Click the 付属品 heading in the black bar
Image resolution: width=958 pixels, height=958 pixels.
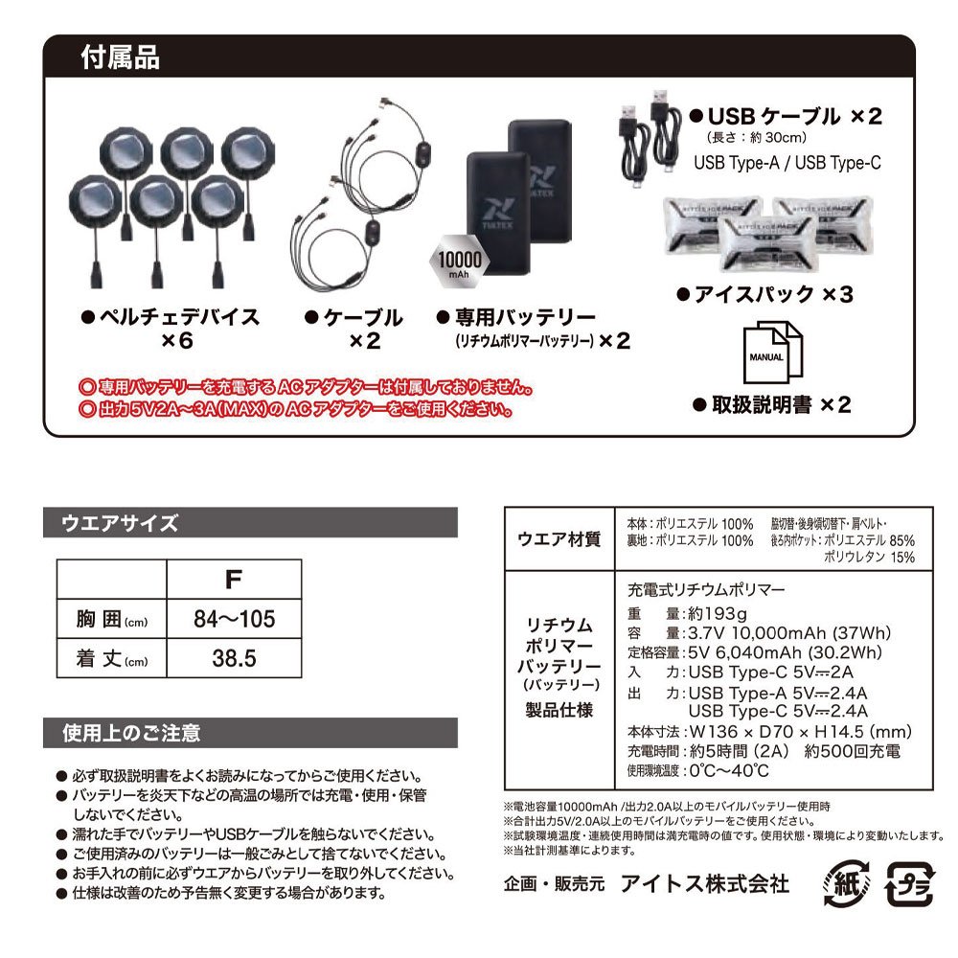122,57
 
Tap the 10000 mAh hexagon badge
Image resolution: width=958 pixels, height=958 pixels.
454,261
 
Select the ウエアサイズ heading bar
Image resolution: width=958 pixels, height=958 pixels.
120,523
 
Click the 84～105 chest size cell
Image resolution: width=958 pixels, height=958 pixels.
234,618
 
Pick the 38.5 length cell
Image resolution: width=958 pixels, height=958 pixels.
234,659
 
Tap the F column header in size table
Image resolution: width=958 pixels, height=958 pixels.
234,579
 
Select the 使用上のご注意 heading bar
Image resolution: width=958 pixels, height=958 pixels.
131,734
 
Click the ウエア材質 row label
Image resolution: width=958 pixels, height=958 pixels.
559,539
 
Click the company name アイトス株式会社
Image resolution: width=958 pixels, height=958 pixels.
704,882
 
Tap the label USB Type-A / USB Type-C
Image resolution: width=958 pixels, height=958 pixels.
786,163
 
